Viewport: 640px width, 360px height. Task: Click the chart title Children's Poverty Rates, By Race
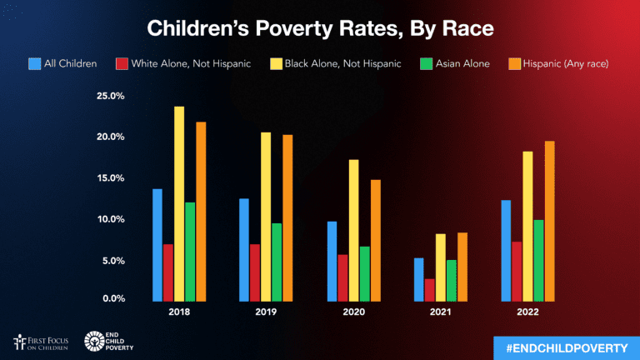tap(320, 28)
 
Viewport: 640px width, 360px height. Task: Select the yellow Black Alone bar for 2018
tap(179, 203)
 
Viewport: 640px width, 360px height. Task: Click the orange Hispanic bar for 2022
tap(549, 221)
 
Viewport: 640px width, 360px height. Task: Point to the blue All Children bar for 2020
tap(332, 261)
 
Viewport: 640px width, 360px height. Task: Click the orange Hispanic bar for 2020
tap(376, 240)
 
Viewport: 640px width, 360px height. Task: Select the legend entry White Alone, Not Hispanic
tap(183, 63)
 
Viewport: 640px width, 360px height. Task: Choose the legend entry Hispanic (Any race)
tap(552, 63)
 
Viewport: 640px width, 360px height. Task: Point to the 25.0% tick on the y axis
tap(110, 96)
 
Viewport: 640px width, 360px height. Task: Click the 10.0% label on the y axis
tap(110, 219)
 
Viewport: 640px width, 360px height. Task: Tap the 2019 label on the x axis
tap(266, 312)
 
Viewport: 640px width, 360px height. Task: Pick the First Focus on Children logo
tap(43, 342)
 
